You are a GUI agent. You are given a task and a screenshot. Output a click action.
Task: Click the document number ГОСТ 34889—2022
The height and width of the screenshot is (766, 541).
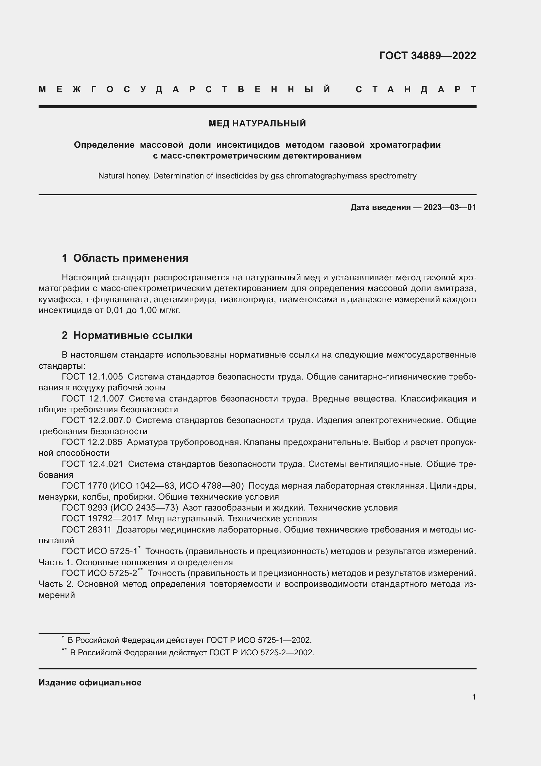[428, 56]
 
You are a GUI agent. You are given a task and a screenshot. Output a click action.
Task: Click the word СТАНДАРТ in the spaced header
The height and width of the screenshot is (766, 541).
[416, 89]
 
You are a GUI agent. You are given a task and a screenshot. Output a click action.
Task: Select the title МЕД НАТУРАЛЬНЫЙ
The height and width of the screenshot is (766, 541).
[257, 123]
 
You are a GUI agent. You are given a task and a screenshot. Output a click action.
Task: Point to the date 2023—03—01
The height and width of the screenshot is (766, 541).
[450, 207]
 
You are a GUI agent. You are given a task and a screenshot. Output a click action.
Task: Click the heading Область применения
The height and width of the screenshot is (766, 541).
[131, 258]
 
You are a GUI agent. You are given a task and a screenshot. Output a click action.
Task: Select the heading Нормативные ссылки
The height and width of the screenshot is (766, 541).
[132, 335]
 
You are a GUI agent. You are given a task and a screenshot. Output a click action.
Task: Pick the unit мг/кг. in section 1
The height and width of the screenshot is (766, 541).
[170, 310]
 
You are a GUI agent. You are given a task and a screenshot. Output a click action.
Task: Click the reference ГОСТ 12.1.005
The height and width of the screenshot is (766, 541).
[92, 377]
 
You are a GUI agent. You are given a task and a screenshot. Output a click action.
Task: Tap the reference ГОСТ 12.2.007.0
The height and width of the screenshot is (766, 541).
[96, 420]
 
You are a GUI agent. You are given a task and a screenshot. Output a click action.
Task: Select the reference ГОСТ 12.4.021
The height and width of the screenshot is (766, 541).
[92, 464]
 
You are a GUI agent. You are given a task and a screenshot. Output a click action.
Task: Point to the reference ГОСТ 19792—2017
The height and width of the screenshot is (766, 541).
[102, 518]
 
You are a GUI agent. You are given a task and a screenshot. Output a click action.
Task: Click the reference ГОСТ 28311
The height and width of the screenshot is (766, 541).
[87, 530]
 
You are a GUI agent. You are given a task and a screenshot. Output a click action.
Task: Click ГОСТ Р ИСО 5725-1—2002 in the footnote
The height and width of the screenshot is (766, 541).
[259, 640]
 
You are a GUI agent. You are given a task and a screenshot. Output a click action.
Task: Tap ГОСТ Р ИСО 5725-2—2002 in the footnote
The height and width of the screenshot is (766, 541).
[262, 653]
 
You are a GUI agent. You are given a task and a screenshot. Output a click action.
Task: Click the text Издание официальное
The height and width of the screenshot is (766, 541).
[90, 682]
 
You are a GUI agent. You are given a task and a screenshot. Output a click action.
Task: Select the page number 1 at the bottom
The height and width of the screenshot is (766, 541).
[474, 697]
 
